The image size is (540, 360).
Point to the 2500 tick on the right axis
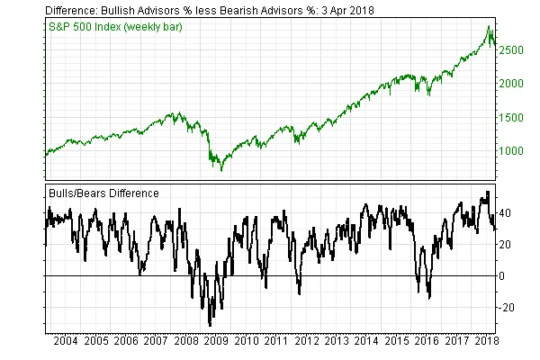tap(509, 50)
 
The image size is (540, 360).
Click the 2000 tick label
tap(509, 84)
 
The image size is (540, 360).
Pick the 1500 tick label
tap(509, 117)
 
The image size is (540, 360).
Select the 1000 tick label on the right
tap(509, 150)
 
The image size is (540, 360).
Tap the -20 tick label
tap(506, 308)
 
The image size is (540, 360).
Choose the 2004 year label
tap(65, 343)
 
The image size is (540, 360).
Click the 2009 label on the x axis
tap(217, 343)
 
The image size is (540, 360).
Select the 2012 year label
tap(308, 343)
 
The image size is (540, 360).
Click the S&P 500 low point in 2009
tap(215, 168)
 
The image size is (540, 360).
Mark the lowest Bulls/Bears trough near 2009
tap(210, 325)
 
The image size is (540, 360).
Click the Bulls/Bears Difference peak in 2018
tap(487, 192)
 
